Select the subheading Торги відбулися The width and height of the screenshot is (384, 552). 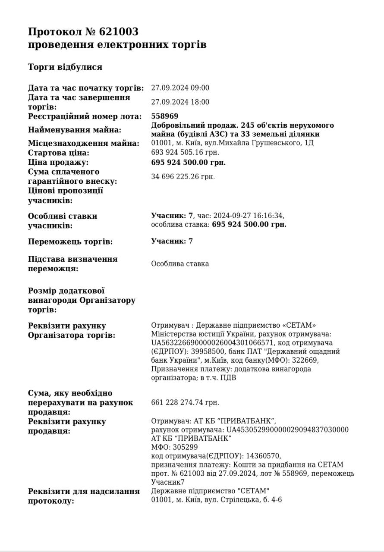(x=65, y=67)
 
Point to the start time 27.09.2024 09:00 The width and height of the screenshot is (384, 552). (x=180, y=88)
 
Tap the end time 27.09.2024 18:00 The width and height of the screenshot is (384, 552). (x=180, y=102)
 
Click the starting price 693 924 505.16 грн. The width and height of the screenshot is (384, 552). (x=186, y=152)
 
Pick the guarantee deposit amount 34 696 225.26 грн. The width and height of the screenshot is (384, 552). (x=183, y=176)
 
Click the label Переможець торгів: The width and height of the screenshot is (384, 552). (x=70, y=242)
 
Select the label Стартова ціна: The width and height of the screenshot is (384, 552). (x=58, y=153)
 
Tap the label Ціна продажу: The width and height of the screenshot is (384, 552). (x=58, y=163)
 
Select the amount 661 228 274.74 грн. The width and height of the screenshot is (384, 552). (x=186, y=402)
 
